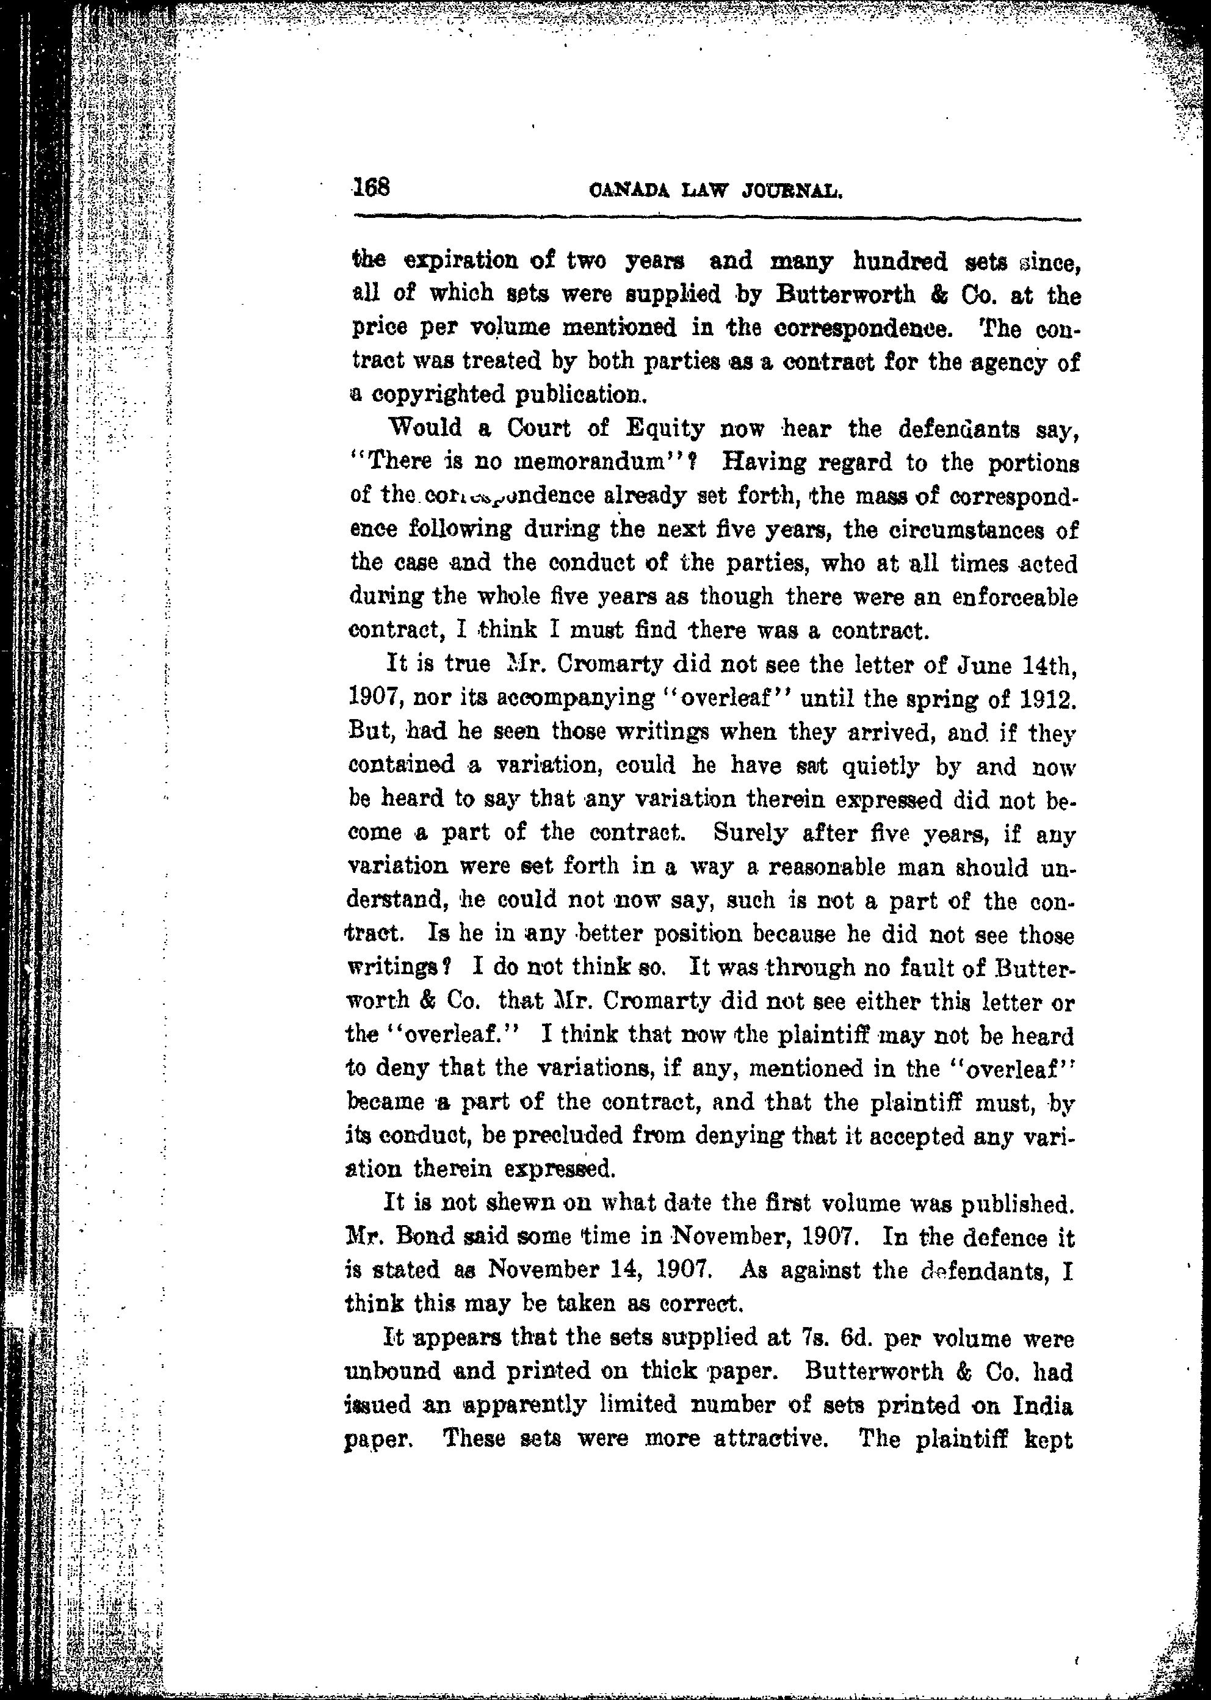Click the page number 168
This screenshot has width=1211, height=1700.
pos(371,186)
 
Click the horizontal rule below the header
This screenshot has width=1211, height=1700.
pos(716,219)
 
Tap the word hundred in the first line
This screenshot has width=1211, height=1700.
pos(899,262)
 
